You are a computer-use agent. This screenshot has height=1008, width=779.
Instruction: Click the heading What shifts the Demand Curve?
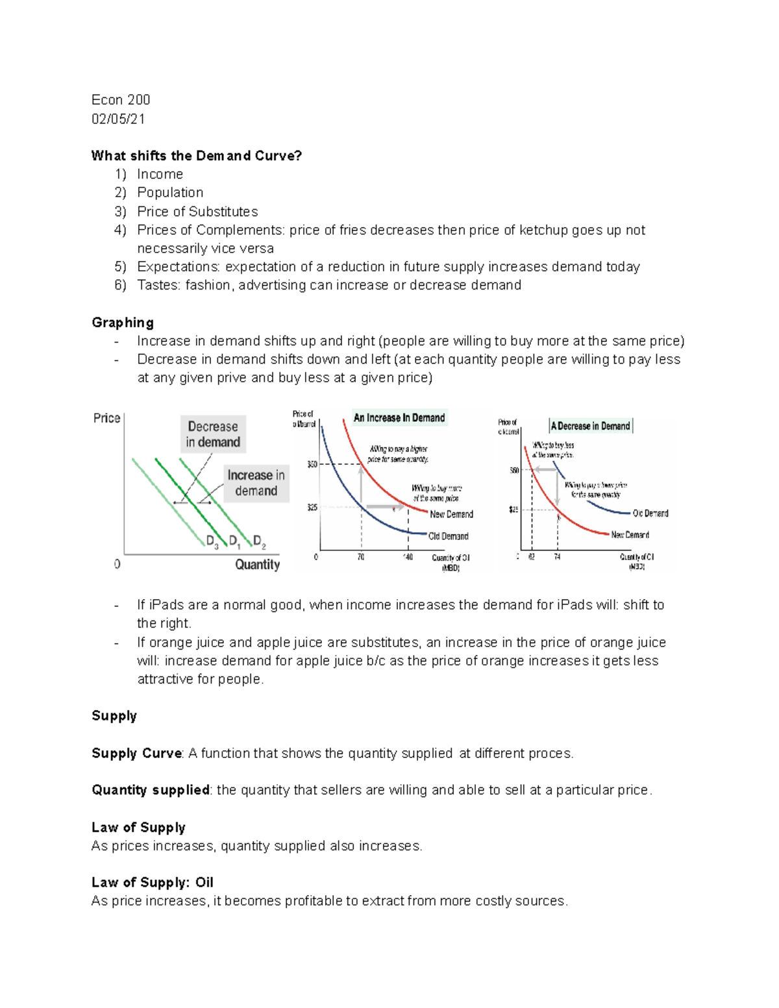pyautogui.click(x=196, y=156)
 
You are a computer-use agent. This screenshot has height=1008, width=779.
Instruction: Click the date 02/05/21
pyautogui.click(x=118, y=119)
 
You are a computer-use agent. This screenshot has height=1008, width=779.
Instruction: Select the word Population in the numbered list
pyautogui.click(x=170, y=193)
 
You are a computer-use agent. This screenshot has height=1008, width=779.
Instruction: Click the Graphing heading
pyautogui.click(x=123, y=323)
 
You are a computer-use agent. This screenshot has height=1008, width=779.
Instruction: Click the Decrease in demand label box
pyautogui.click(x=213, y=434)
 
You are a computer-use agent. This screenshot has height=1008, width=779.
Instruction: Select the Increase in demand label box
pyautogui.click(x=256, y=483)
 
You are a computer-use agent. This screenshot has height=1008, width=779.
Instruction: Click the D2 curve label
pyautogui.click(x=259, y=541)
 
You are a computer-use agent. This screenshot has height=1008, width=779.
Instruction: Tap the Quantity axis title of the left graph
pyautogui.click(x=257, y=565)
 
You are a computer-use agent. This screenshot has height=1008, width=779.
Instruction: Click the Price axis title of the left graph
pyautogui.click(x=106, y=418)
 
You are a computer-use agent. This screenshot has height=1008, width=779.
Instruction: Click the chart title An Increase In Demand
pyautogui.click(x=399, y=418)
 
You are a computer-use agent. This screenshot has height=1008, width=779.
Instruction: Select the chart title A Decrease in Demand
pyautogui.click(x=590, y=426)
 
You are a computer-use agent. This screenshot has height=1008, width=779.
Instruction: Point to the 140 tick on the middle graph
pyautogui.click(x=408, y=558)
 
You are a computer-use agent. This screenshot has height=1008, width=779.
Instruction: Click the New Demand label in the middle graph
pyautogui.click(x=451, y=514)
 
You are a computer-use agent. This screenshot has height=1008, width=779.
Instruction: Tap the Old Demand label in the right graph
pyautogui.click(x=650, y=513)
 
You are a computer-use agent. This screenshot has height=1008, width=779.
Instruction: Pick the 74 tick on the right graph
pyautogui.click(x=557, y=558)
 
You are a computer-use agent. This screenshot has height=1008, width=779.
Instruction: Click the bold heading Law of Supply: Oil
pyautogui.click(x=152, y=883)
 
